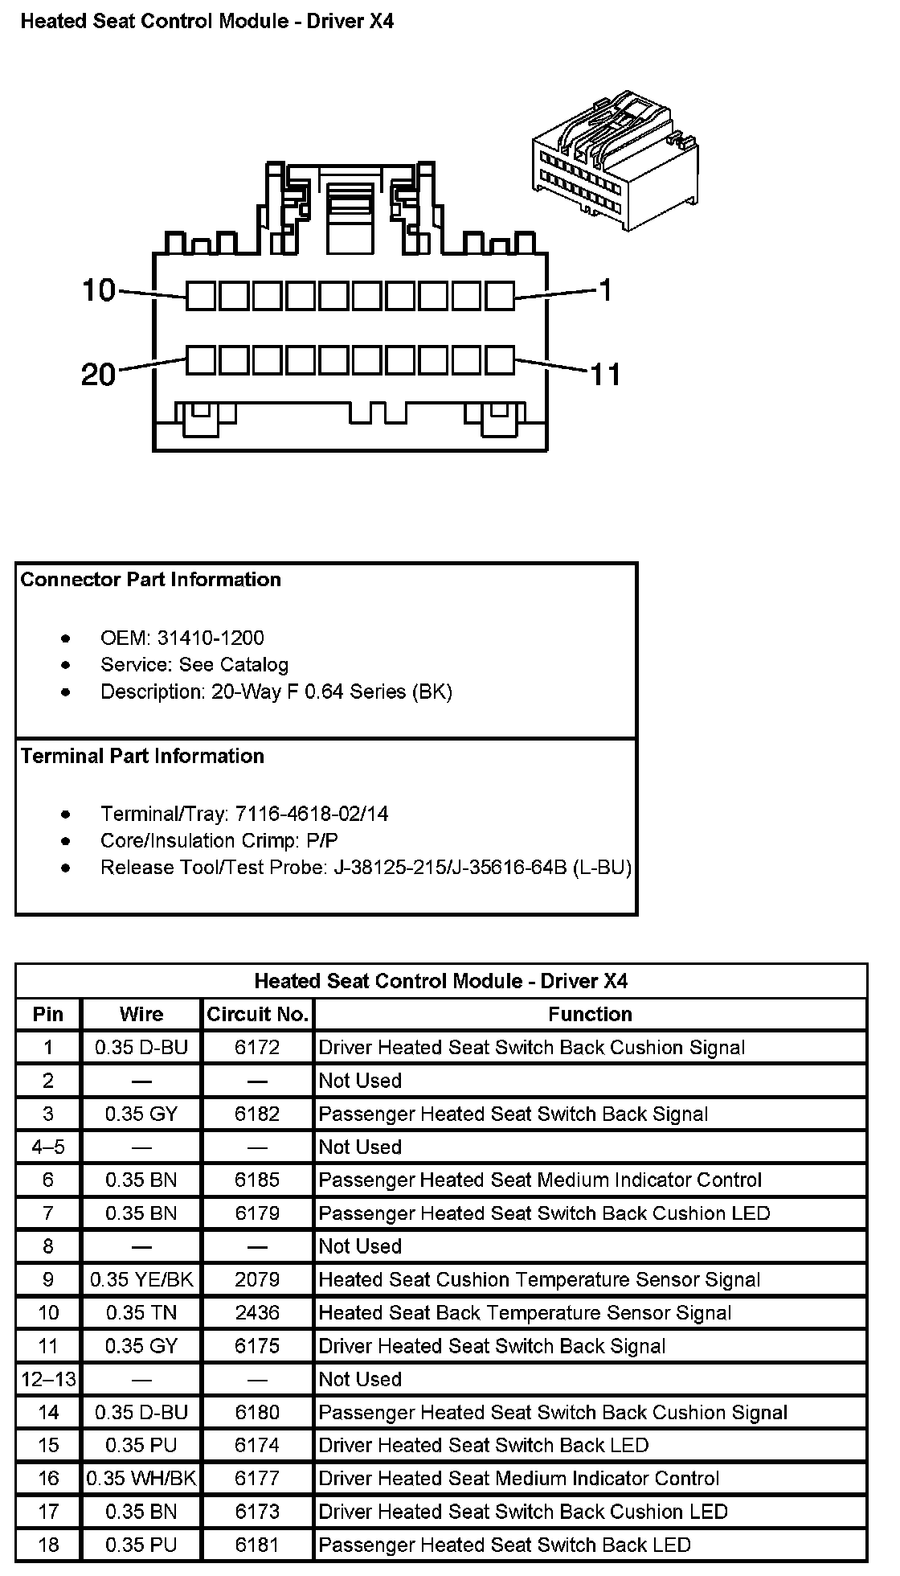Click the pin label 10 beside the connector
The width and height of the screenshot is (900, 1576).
99,290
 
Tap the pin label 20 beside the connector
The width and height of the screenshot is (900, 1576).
99,374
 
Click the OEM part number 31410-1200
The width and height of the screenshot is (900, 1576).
211,638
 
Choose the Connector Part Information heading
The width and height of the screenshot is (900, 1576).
151,580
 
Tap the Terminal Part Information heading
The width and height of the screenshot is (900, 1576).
142,756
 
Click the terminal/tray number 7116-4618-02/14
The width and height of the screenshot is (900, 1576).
312,814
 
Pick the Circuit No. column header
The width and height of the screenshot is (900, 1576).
257,1014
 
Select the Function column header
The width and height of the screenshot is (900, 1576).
590,1014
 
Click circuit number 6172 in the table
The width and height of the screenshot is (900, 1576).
257,1048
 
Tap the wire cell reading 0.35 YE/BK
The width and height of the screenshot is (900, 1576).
141,1279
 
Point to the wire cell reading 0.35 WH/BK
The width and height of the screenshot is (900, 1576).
141,1478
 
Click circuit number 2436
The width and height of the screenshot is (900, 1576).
257,1313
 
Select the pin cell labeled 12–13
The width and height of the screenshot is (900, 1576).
48,1379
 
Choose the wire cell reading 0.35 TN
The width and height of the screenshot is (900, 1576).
141,1313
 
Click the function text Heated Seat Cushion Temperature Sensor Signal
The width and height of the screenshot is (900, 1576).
539,1279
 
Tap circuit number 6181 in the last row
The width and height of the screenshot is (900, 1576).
257,1545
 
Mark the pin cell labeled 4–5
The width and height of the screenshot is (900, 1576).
48,1147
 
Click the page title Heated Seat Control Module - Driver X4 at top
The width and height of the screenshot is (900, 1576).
207,22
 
